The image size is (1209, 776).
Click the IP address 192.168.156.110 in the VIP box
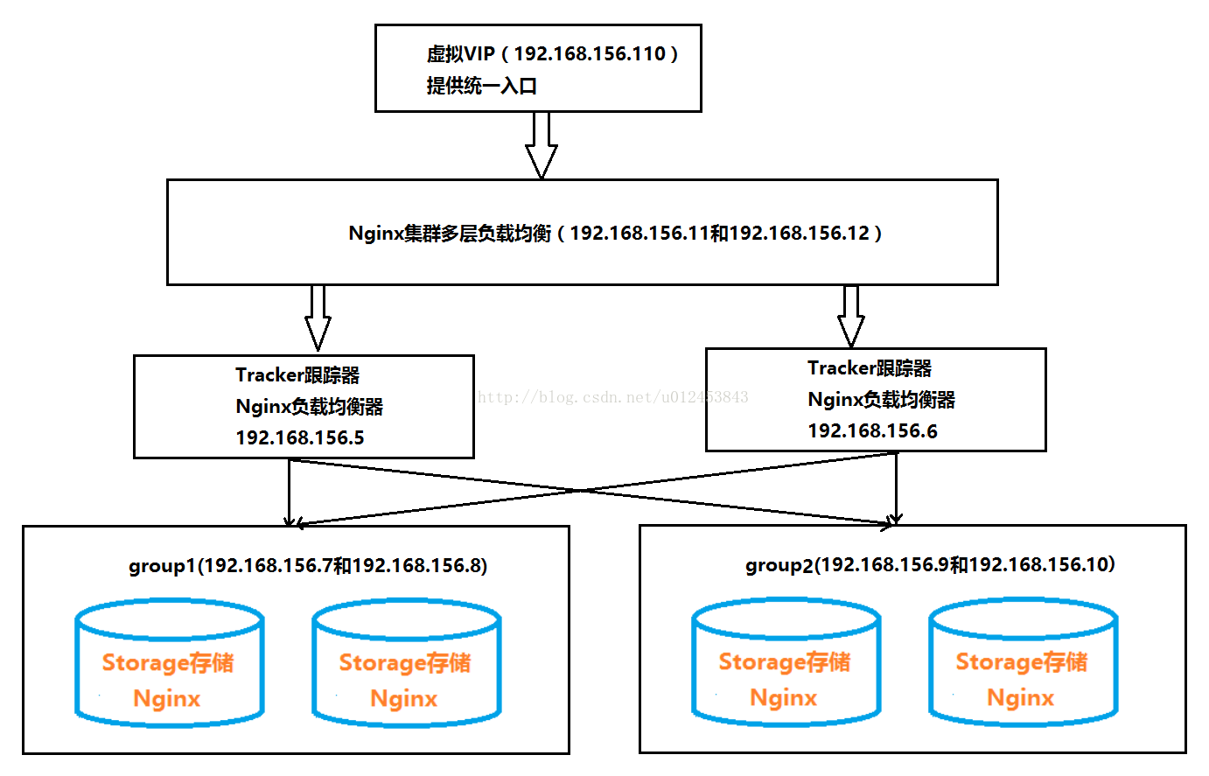click(x=590, y=53)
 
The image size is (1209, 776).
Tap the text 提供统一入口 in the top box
click(x=481, y=86)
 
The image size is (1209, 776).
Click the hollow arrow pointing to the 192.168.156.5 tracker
click(x=318, y=318)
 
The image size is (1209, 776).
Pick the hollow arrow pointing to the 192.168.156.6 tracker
click(x=850, y=316)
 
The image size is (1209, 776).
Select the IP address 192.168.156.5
click(x=300, y=437)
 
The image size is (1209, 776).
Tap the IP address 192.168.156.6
click(x=872, y=430)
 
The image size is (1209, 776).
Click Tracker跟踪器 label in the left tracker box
click(x=297, y=375)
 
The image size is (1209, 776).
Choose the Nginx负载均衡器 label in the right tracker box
click(x=882, y=400)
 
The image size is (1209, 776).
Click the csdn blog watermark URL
click(x=612, y=398)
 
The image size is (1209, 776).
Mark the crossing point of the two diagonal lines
click(x=581, y=491)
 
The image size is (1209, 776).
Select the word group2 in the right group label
click(x=779, y=565)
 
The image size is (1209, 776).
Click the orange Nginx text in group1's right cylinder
click(x=403, y=699)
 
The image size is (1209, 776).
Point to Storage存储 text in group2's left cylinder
click(x=784, y=662)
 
